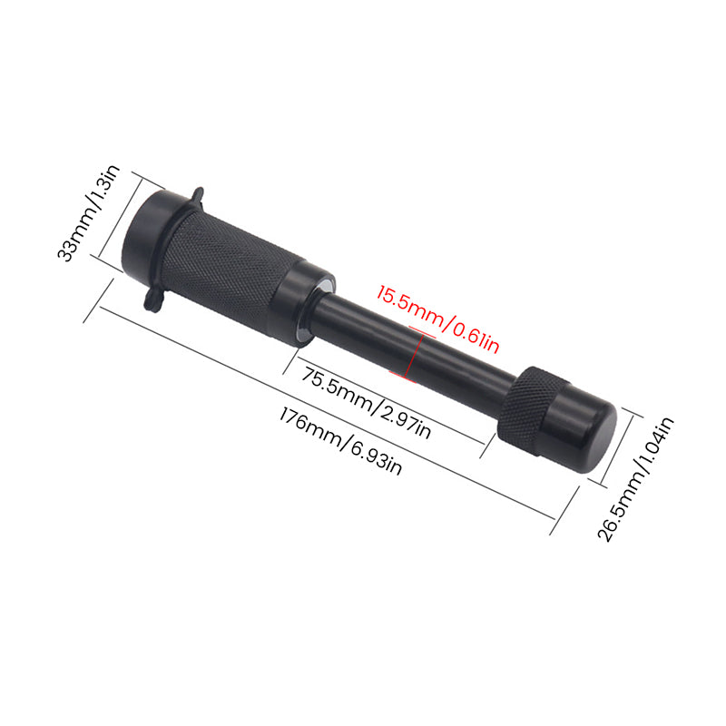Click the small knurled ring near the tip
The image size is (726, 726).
524,406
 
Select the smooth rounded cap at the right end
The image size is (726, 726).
585,431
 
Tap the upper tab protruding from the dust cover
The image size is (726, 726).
196,196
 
